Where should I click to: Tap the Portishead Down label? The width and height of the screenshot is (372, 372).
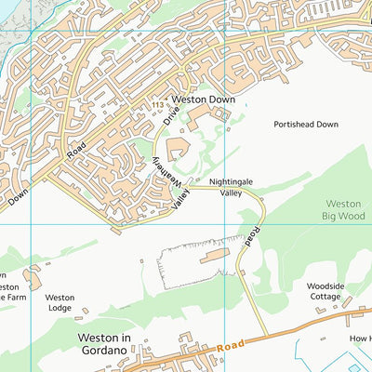click(306, 124)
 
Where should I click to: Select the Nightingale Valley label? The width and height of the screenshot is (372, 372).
click(231, 187)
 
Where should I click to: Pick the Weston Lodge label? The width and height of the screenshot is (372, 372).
click(60, 303)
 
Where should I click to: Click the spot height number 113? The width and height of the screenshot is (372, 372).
click(159, 107)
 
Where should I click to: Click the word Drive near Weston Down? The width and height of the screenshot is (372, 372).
click(171, 114)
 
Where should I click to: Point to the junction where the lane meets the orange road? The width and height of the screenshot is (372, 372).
click(268, 336)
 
